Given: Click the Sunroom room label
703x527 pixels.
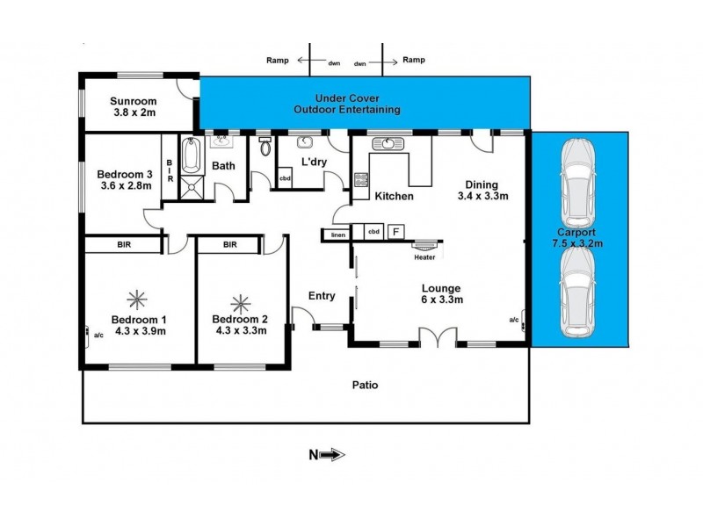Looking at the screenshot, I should click(134, 107).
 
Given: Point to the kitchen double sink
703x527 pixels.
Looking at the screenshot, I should click(388, 144).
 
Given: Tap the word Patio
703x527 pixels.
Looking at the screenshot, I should click(365, 385).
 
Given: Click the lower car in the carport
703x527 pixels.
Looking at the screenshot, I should click(579, 291).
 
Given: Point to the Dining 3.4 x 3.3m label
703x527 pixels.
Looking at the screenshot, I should click(482, 191).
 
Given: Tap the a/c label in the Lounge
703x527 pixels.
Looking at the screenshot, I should click(514, 319).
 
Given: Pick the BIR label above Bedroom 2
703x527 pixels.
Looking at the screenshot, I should click(229, 245).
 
